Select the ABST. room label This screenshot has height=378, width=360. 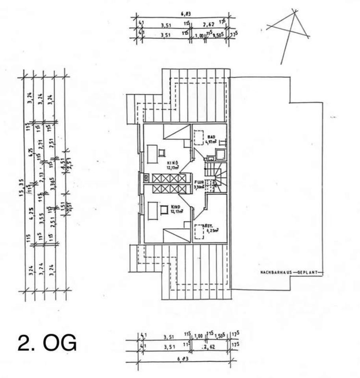tap(207, 226)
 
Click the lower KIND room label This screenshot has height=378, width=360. tap(176, 206)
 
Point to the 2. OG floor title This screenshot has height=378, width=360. tap(47, 343)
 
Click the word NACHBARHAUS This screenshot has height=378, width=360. tap(274, 272)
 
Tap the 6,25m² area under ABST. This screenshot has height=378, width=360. tap(212, 230)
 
